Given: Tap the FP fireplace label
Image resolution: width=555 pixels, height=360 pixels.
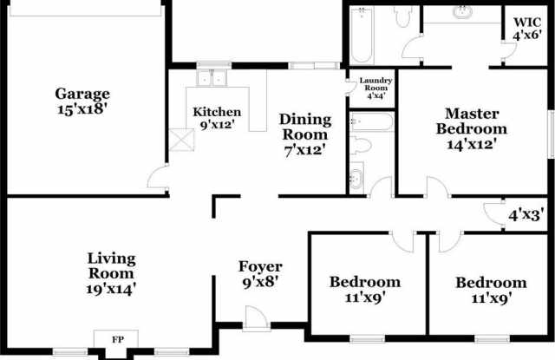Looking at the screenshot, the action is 118,340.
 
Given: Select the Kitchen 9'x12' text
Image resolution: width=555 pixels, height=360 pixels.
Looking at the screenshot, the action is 217,118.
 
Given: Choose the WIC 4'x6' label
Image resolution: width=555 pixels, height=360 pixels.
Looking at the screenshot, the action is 527,29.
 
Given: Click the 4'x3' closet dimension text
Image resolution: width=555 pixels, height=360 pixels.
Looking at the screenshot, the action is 526,215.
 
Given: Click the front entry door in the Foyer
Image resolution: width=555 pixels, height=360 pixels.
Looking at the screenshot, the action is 257,317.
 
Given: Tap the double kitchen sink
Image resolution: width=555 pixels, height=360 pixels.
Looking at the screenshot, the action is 212,77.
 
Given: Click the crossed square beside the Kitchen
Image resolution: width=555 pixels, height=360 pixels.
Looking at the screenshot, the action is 181,141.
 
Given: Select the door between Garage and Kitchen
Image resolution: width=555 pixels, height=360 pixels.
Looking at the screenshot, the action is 158,176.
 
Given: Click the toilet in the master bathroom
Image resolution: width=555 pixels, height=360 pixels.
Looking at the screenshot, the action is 402,16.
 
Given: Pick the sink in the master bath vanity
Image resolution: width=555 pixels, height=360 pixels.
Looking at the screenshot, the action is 463,12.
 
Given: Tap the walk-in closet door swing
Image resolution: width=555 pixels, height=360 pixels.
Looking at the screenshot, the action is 509,50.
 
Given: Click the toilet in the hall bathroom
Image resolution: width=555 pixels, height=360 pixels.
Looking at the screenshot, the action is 361,145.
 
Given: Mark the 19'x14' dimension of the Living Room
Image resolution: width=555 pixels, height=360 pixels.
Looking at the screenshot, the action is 111,289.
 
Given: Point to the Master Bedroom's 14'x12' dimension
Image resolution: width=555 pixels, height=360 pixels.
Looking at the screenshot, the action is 472,144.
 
